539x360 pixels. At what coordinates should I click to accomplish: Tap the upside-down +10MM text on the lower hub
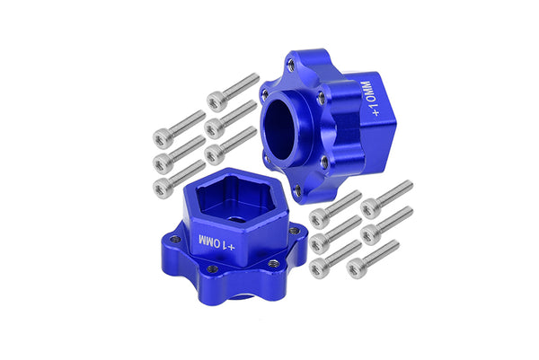click(x=216, y=242)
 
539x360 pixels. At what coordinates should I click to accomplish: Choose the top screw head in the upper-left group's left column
click(x=162, y=137)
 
